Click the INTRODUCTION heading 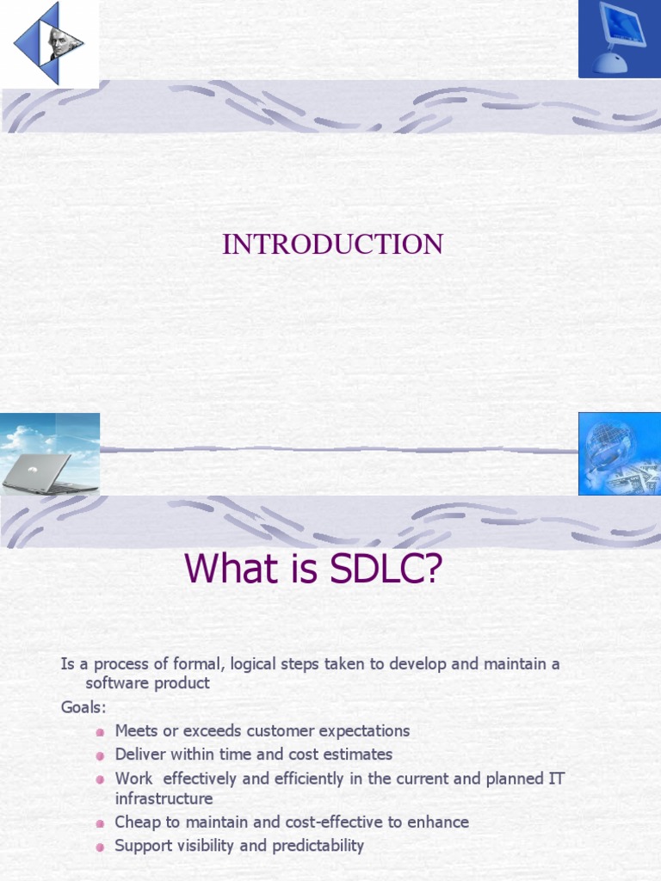point(332,244)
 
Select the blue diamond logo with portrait point(49,43)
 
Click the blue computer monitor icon point(619,40)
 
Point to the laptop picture point(50,453)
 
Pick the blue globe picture point(619,453)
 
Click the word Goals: point(83,707)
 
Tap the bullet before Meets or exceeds point(100,732)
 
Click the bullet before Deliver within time point(100,755)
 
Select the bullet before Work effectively point(100,779)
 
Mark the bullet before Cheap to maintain point(100,823)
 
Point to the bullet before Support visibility point(100,847)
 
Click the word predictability point(318,846)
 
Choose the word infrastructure point(164,799)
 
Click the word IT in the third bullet point(556,778)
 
